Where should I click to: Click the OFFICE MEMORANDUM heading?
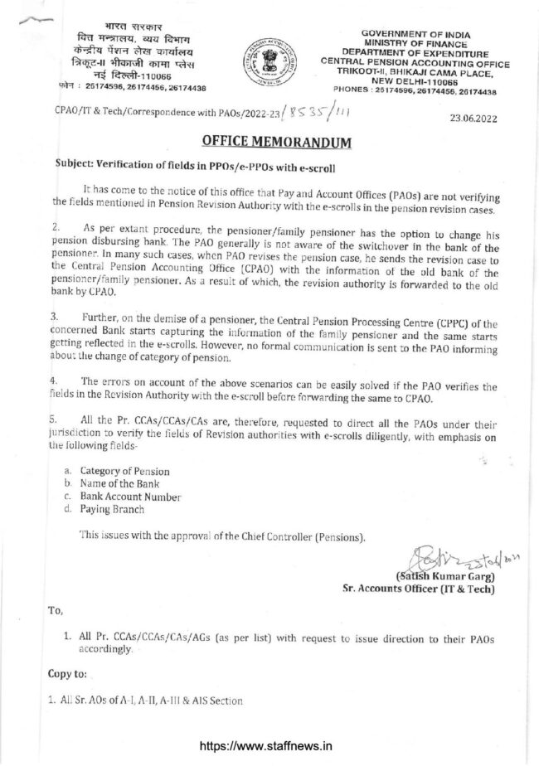click(270, 142)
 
